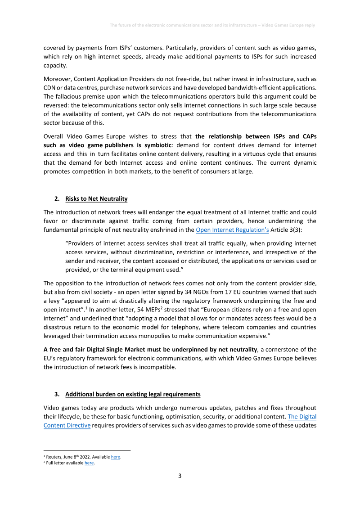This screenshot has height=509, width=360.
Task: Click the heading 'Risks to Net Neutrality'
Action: click(96, 198)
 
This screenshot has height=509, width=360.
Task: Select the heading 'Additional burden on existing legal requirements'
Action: click(133, 394)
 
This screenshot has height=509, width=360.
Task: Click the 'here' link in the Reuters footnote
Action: click(116, 457)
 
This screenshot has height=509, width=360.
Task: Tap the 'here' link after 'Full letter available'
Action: click(89, 463)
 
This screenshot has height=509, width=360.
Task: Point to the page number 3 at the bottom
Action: click(180, 476)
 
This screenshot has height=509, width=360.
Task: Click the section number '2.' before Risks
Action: click(57, 198)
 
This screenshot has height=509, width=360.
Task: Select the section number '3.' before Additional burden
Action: click(57, 394)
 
